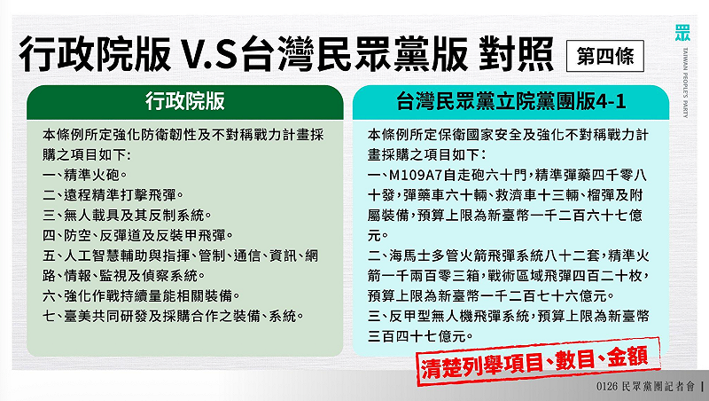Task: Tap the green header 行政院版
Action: coord(184,102)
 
